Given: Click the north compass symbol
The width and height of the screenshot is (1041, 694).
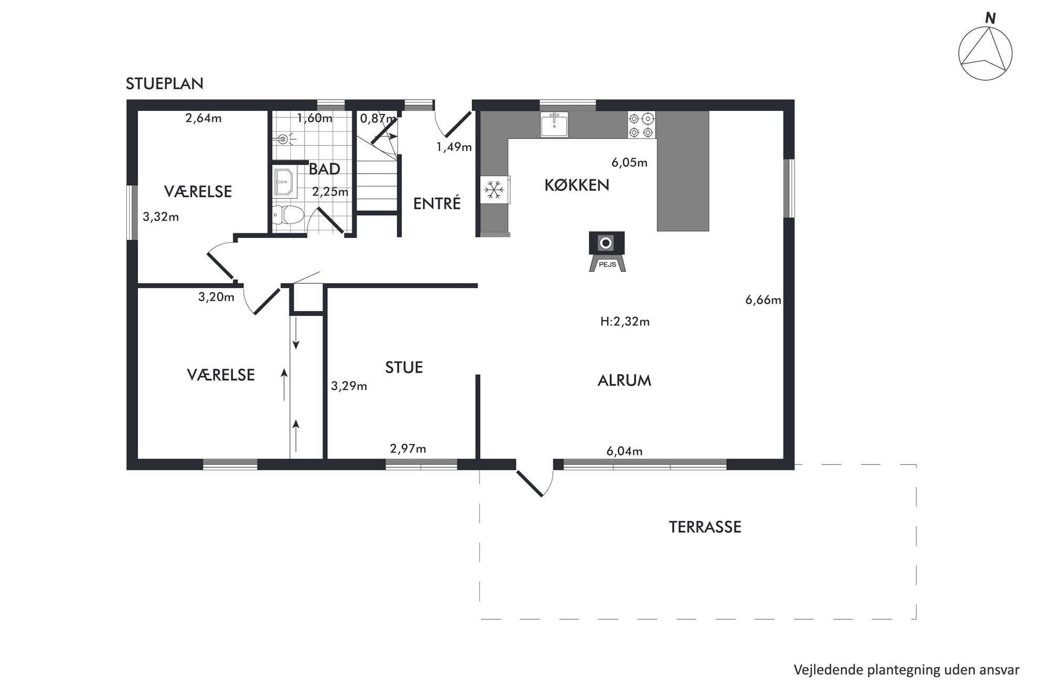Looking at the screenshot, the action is click(985, 54).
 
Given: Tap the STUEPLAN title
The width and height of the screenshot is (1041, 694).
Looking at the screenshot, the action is click(164, 84).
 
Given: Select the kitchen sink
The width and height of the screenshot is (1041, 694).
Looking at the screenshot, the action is click(554, 124).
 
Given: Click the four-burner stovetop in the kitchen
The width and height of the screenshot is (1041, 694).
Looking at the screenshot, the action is click(641, 125).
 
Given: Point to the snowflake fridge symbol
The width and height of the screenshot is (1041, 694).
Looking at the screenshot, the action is click(494, 189).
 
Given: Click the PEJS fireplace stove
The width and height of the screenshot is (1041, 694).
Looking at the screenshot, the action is click(607, 251).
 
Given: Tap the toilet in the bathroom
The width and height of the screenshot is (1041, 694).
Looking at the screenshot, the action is click(288, 215).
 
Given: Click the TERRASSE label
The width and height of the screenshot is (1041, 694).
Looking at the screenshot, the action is click(705, 527).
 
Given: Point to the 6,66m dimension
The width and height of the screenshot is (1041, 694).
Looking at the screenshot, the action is click(763, 301).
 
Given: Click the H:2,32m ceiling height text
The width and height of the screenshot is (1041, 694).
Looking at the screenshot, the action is click(625, 322).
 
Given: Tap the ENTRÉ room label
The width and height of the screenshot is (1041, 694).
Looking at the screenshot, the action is click(437, 203).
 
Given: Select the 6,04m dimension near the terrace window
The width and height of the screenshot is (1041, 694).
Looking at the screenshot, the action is click(624, 451).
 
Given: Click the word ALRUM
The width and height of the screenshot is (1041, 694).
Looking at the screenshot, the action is click(624, 381).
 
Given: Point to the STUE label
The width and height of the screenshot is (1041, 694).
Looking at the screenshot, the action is click(404, 368).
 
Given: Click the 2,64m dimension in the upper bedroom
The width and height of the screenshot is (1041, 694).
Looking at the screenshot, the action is click(204, 118).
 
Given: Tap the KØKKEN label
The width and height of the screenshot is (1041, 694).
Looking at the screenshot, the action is click(577, 185).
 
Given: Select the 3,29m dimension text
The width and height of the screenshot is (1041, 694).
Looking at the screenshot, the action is click(349, 387).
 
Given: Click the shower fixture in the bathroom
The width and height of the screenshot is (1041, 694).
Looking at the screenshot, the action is click(284, 139).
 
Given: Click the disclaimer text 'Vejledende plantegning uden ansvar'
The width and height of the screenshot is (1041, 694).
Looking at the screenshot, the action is click(907, 670).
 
